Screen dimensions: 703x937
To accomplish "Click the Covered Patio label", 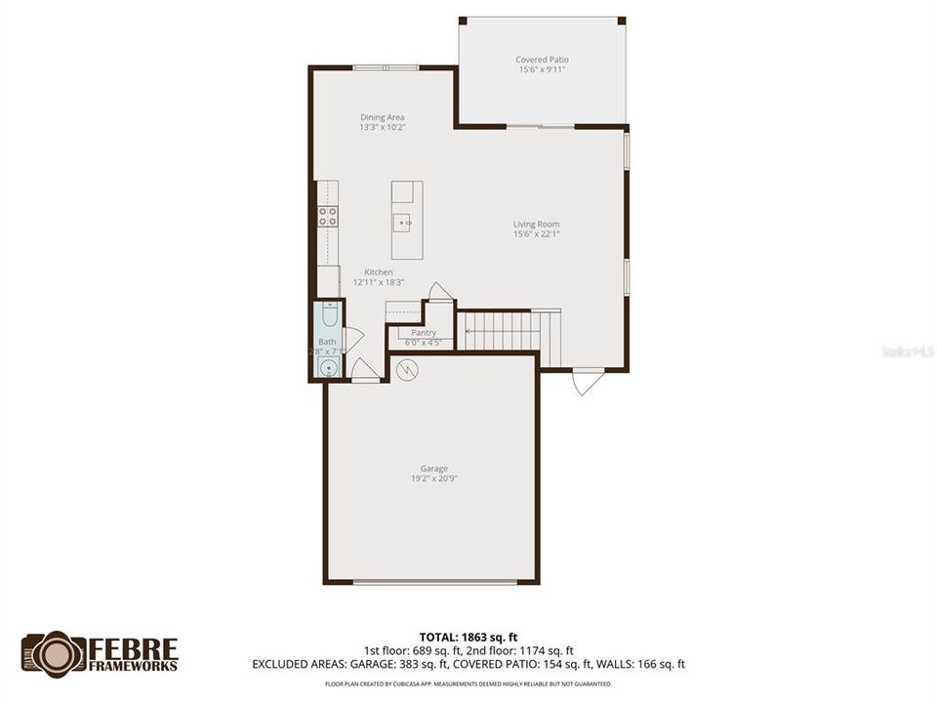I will coord(542,60).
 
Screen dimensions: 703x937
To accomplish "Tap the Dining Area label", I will coord(382,117).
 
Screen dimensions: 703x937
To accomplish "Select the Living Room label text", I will coord(536,224).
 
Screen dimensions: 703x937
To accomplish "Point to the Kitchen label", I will coord(379,271).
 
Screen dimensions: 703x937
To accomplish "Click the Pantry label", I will coord(424,333).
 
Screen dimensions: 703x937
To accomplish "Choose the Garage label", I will coord(434,469).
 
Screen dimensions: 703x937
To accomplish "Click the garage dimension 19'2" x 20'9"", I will coord(434,478).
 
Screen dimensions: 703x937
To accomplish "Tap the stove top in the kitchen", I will coord(327,217).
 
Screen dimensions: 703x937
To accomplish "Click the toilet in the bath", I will coord(328,317).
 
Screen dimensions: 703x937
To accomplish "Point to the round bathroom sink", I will coord(328,368).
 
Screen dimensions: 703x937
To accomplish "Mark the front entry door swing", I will coord(588,381).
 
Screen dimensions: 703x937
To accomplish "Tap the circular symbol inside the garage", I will coord(407,370).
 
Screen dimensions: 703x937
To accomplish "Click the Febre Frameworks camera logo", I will coord(54,653).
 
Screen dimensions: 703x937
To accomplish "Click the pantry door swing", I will coord(440,292).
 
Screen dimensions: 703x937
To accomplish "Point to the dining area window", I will coord(386,67).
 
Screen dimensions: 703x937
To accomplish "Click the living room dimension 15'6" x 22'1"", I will coord(536,233).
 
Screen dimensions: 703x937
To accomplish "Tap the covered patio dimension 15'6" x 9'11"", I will coord(542,69).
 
